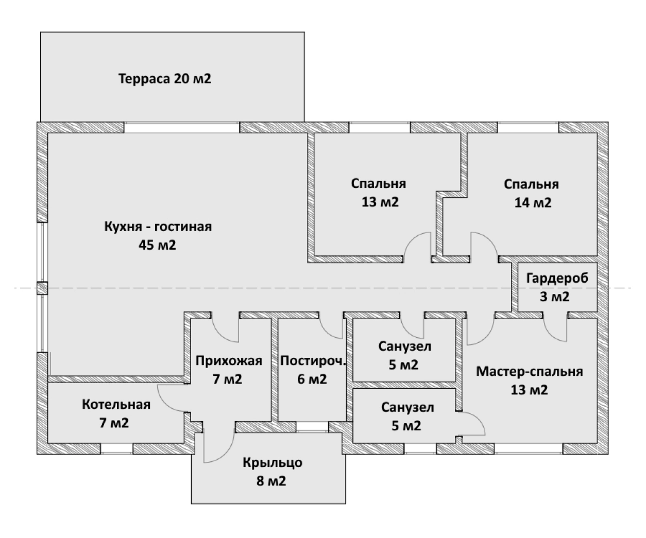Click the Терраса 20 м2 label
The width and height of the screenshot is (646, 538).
pos(165,79)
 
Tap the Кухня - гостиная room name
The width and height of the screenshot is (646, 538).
pos(158,227)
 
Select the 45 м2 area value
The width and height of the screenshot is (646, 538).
pos(157,245)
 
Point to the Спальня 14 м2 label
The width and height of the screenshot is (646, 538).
pos(532,193)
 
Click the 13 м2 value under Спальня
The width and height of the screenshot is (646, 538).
pos(380,202)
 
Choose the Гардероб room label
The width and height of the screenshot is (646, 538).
pos(557,279)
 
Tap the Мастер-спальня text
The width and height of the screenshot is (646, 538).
pos(529,371)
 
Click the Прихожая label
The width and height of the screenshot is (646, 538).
pos(229,361)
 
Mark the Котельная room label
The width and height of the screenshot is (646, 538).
pos(116,405)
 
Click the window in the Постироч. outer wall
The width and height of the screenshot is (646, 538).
pos(312,426)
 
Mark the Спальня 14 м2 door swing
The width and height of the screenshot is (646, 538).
pos(483,246)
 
